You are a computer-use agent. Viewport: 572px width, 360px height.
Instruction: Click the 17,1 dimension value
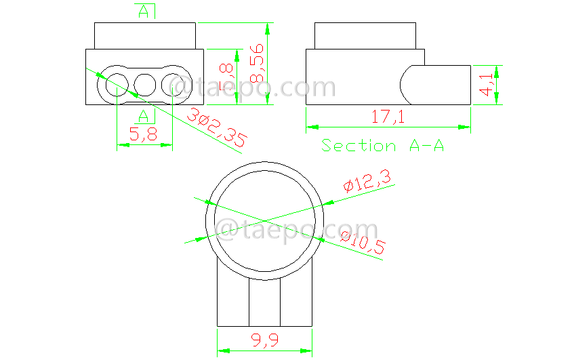(x=388, y=117)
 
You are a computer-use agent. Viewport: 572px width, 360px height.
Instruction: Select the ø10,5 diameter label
(x=362, y=243)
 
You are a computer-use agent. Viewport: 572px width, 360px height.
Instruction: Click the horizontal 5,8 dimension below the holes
(x=143, y=134)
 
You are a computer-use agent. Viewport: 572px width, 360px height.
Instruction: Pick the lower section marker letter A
(x=144, y=116)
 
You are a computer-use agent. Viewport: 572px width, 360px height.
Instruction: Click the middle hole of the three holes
(x=145, y=85)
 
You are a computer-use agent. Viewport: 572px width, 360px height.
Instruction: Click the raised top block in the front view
(x=144, y=36)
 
